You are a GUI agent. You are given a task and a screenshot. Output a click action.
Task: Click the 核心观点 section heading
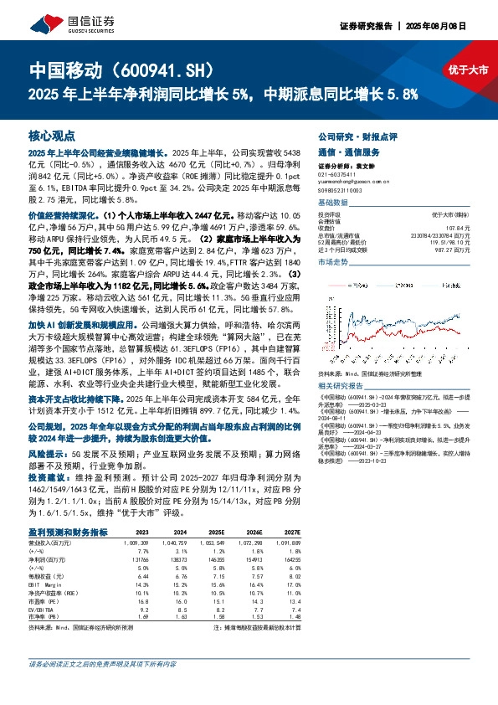coord(51,135)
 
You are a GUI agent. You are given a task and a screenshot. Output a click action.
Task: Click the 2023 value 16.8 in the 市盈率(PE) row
coord(141,600)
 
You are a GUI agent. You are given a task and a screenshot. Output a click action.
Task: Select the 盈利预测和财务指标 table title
coord(67,531)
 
